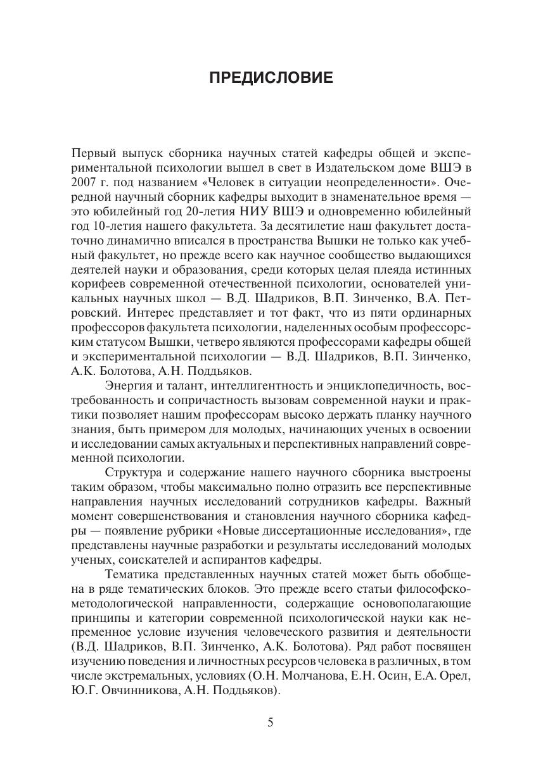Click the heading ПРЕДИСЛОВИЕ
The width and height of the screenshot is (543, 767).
(x=271, y=78)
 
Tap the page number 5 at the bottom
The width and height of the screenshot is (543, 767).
(x=271, y=722)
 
